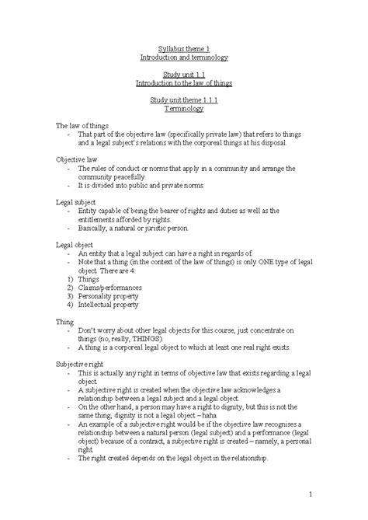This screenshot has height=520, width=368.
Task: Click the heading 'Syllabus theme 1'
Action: pos(183,48)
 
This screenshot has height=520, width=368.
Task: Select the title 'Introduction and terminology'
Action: pos(183,58)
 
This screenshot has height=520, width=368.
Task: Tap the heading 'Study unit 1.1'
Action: pos(183,75)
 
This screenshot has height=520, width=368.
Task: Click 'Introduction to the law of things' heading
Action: pos(183,84)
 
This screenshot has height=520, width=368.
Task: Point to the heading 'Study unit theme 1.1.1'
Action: pos(183,100)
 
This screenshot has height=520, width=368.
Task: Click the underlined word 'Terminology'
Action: pos(183,110)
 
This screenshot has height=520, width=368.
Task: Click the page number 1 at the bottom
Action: pos(309,493)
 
